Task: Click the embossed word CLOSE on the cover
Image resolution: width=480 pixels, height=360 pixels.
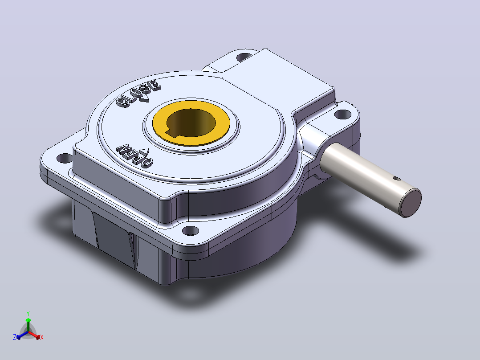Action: point(138,93)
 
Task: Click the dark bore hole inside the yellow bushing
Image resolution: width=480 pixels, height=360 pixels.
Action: point(191,123)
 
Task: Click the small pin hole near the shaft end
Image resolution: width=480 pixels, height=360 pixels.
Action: point(397,178)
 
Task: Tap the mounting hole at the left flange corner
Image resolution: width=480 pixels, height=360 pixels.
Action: point(65,158)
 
